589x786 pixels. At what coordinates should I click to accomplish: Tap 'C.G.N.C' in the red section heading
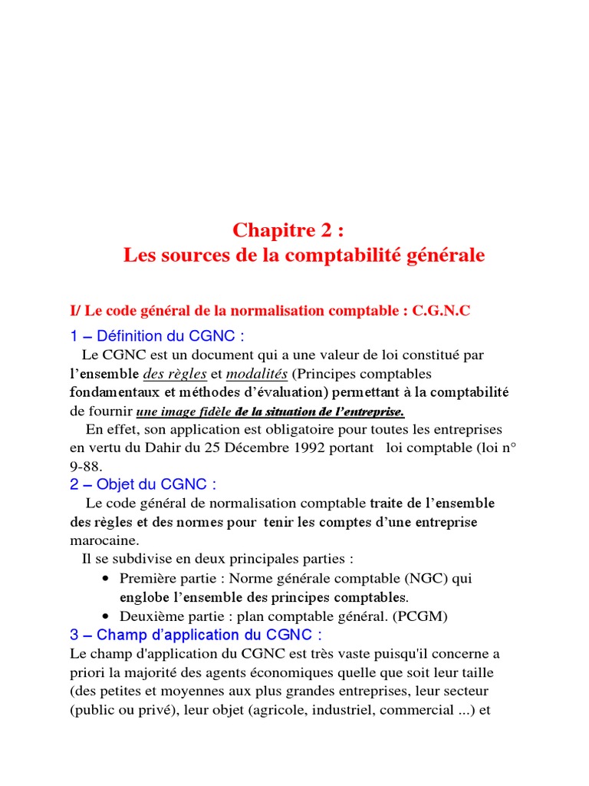tap(441, 311)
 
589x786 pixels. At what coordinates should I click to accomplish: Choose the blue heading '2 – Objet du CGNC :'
tap(143, 484)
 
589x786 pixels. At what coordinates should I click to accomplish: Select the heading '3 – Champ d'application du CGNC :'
tap(196, 635)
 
